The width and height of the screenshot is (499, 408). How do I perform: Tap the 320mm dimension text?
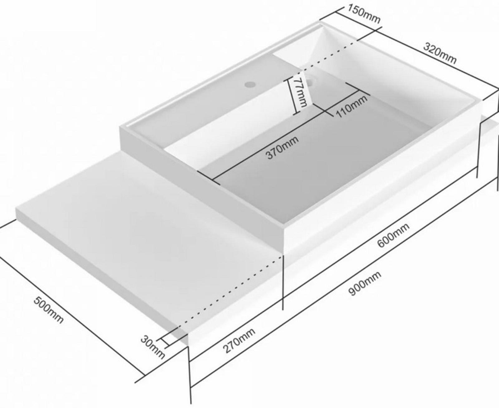click(x=440, y=53)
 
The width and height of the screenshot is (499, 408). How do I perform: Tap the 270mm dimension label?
click(x=240, y=340)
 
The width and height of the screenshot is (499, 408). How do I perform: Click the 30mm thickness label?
click(x=152, y=347)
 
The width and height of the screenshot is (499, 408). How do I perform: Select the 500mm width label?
click(x=49, y=310)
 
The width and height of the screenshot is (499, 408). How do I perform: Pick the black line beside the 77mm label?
click(x=290, y=97)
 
